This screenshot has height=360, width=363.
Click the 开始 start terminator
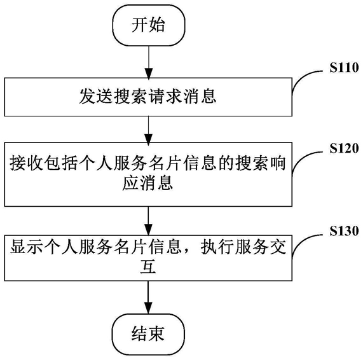[x=149, y=25]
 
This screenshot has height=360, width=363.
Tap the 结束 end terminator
[x=148, y=334]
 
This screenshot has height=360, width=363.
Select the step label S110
[x=345, y=67]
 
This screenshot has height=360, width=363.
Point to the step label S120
[x=345, y=148]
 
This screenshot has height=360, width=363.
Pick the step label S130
[x=345, y=231]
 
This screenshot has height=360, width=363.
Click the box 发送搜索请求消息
[x=148, y=97]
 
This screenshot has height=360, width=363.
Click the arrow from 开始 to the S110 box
[x=149, y=62]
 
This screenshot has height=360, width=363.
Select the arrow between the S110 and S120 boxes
[x=148, y=129]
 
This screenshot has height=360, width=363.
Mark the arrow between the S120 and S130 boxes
[x=148, y=221]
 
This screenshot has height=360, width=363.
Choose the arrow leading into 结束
[x=148, y=298]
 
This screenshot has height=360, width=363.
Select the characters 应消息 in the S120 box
[x=147, y=183]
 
